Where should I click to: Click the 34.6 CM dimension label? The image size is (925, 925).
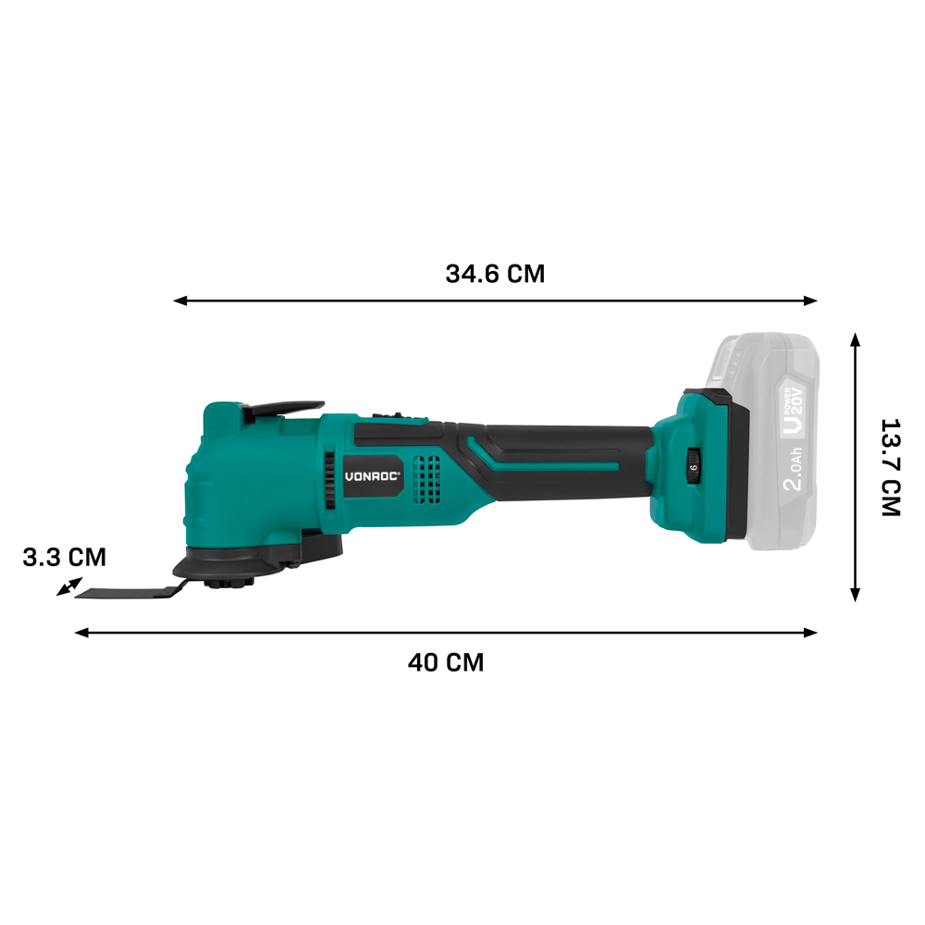(495, 274)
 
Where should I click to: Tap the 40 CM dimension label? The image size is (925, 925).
(446, 662)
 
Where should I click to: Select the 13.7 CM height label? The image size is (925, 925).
(891, 468)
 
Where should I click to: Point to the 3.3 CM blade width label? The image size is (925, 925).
(65, 558)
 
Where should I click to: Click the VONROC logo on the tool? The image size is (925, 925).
(372, 476)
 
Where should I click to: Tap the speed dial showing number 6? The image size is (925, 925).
(693, 467)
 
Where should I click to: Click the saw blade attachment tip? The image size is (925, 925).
(79, 595)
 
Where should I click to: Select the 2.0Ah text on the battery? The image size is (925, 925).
(794, 470)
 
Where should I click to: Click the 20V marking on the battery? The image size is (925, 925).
(796, 404)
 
